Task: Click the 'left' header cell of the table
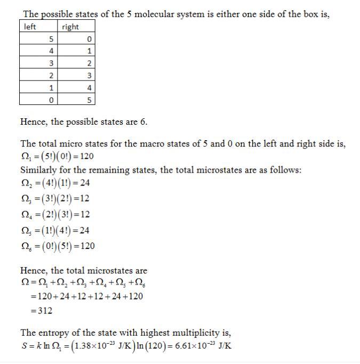[x=30, y=27]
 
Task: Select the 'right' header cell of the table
[x=70, y=27]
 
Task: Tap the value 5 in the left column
[x=51, y=39]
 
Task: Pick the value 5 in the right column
[x=90, y=100]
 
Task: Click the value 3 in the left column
[x=51, y=63]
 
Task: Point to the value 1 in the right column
[x=90, y=51]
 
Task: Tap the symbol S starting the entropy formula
[x=23, y=345]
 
